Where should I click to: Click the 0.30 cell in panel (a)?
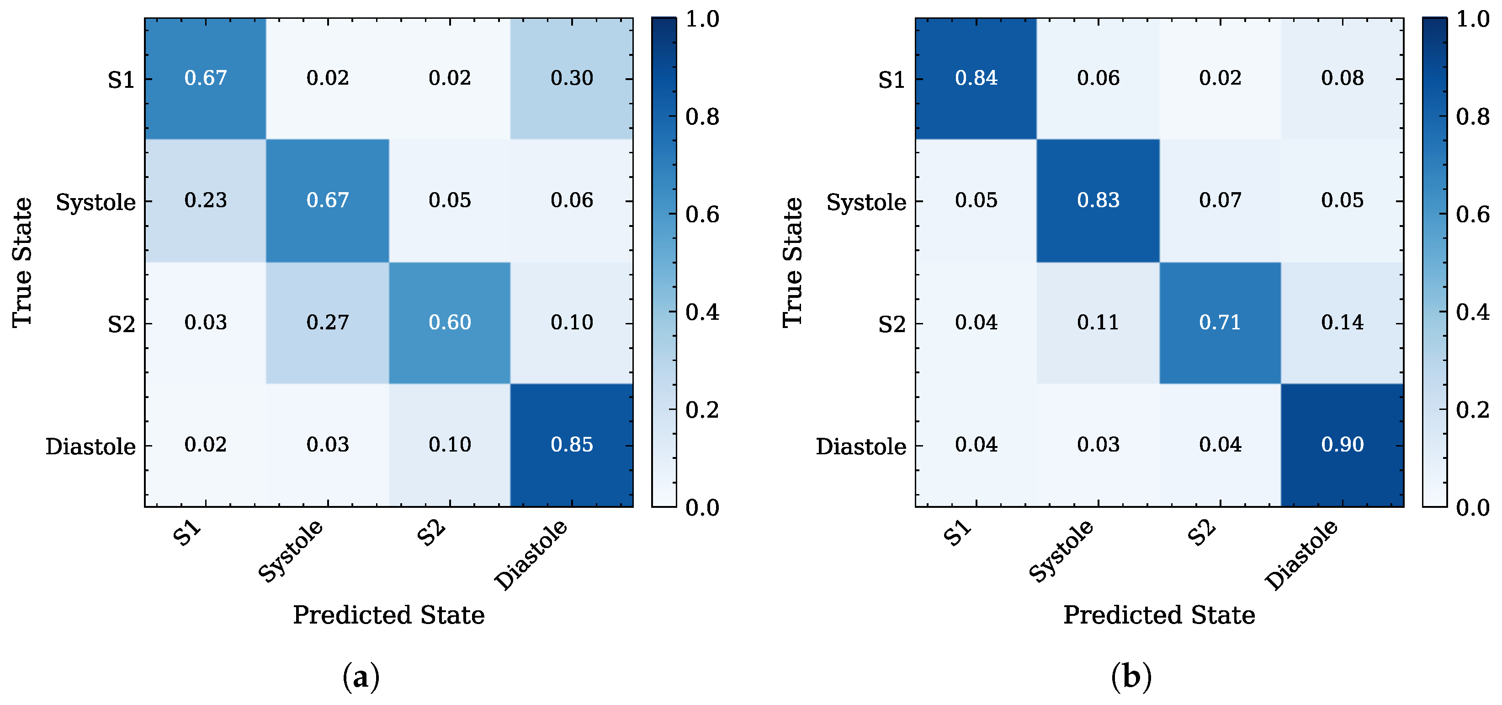(x=571, y=78)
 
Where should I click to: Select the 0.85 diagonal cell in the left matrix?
(x=571, y=445)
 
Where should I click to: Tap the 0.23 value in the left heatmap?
(x=205, y=200)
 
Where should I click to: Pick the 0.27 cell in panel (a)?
(x=328, y=323)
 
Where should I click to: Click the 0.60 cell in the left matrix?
(x=450, y=323)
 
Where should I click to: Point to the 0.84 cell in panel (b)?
(x=976, y=78)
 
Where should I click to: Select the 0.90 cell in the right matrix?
(x=1342, y=445)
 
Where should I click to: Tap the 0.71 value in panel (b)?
(x=1221, y=323)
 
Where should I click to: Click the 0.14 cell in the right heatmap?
(x=1342, y=323)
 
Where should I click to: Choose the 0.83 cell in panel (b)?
(x=1099, y=200)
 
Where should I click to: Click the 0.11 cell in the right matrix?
(x=1099, y=323)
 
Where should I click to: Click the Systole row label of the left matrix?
(x=96, y=202)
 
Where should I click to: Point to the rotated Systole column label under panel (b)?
(x=1061, y=550)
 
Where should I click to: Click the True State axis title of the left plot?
(x=22, y=262)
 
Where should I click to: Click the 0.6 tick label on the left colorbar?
(x=702, y=214)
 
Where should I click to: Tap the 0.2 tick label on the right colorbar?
(x=1473, y=410)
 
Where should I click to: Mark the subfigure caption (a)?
(x=361, y=677)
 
